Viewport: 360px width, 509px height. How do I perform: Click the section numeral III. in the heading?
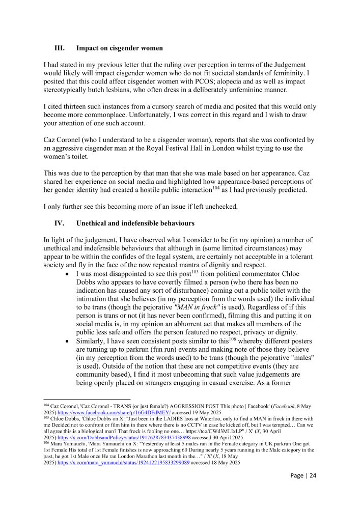point(59,48)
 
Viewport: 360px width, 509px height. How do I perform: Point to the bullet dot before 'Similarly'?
point(68,341)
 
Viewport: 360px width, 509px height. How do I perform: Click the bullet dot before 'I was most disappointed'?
point(68,275)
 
